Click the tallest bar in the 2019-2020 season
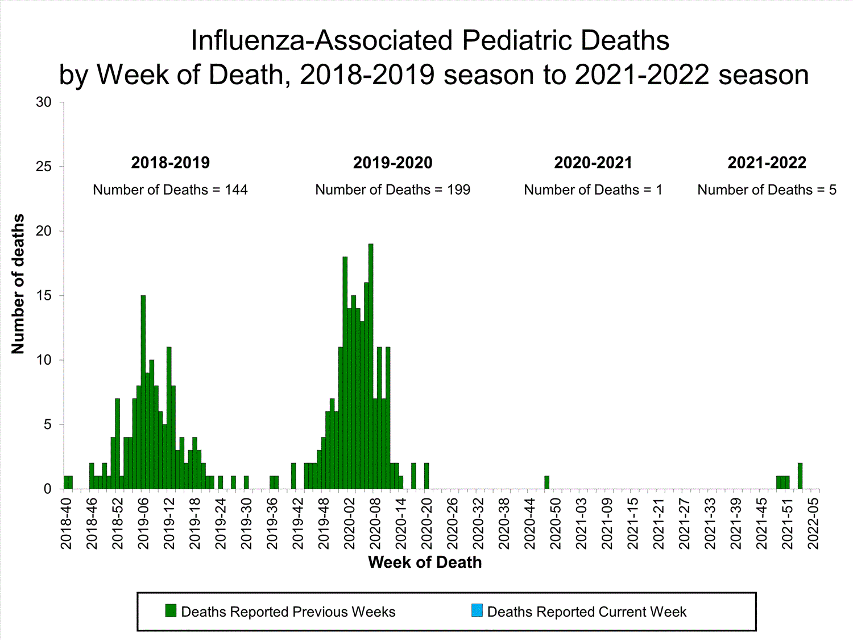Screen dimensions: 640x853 tap(371, 367)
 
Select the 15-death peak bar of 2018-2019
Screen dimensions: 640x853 tap(143, 393)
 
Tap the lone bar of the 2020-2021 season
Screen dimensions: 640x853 tap(546, 482)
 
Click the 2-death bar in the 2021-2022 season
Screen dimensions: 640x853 tap(800, 476)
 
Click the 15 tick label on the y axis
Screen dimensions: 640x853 tap(44, 296)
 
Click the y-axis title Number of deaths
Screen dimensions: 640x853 tap(18, 284)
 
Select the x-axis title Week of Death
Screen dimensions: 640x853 tap(425, 563)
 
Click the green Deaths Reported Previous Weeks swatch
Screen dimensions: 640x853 tap(171, 611)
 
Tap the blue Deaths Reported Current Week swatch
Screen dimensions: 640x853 tap(477, 611)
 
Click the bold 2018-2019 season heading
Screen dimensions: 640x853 tap(171, 163)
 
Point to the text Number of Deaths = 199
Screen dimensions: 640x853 tap(393, 190)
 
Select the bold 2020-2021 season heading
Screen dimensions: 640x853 tap(593, 163)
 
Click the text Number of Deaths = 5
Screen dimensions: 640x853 tap(767, 190)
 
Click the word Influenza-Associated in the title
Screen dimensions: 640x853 tap(321, 40)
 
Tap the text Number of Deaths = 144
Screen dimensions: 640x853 tap(171, 190)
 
